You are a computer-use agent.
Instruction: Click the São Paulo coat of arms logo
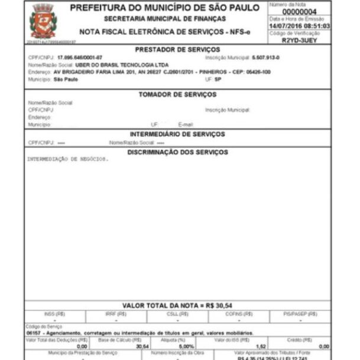coord(43,21)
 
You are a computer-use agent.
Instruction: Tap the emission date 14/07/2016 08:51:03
coord(299,27)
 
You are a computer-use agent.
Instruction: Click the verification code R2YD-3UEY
coord(299,40)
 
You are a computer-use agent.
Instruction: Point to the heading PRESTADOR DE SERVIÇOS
coord(177,50)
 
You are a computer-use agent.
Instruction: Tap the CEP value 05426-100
coord(258,72)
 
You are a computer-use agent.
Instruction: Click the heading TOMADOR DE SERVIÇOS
coord(177,95)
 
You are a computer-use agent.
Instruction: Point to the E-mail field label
coord(186,125)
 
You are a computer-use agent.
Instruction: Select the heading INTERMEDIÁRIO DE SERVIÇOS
coord(177,134)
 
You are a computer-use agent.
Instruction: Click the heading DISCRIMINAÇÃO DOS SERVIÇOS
coord(177,152)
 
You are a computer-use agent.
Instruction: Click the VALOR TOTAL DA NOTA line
coord(177,305)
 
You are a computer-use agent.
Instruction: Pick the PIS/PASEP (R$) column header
coord(300,313)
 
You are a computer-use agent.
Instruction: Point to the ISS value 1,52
coord(260,346)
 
